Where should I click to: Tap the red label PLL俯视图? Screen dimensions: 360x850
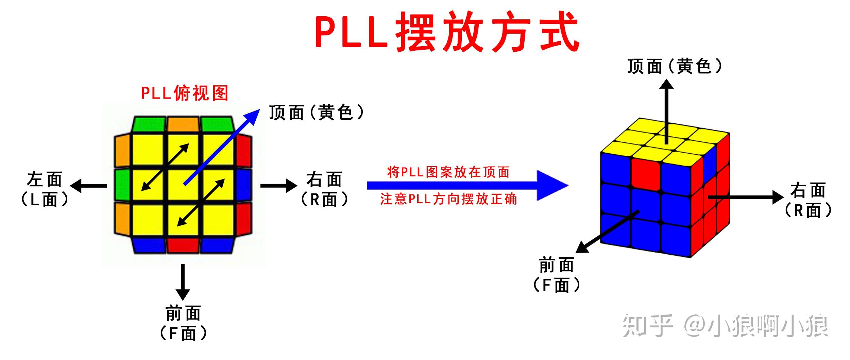184,93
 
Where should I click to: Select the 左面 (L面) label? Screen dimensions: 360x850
45,189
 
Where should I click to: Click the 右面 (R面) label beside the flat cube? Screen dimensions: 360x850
324,189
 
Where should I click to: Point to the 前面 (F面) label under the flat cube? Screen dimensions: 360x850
183,323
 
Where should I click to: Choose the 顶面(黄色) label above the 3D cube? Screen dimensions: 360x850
674,66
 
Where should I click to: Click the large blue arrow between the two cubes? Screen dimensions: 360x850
466,186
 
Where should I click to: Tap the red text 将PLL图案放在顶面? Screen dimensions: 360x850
448,172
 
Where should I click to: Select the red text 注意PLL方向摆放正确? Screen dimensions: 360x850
448,199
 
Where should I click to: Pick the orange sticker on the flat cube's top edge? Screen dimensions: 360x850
183,124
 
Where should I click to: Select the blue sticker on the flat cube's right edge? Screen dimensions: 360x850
243,185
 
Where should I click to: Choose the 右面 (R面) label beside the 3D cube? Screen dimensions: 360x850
808,200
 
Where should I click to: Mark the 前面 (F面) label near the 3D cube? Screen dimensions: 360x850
556,275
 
